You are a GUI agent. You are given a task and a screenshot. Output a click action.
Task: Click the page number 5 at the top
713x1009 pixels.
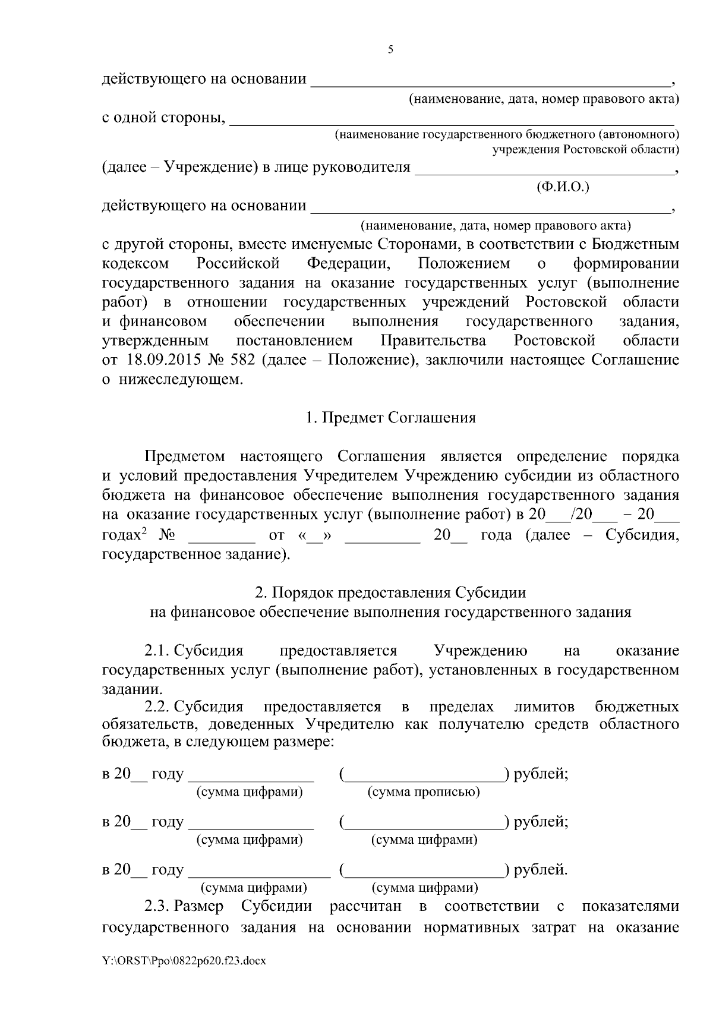pyautogui.click(x=390, y=49)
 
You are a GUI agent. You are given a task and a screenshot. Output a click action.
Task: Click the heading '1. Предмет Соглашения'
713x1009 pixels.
pyautogui.click(x=390, y=418)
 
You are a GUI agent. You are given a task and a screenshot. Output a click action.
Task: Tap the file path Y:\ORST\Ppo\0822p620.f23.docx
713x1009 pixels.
pyautogui.click(x=184, y=976)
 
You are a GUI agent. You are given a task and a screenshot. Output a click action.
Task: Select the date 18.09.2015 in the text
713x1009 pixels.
pyautogui.click(x=158, y=360)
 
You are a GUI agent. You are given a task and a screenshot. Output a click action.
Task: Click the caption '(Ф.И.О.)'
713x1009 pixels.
pyautogui.click(x=562, y=187)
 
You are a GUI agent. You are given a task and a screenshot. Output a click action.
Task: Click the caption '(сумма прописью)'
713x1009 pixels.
pyautogui.click(x=424, y=792)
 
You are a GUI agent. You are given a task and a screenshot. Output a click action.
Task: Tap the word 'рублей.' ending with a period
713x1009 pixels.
pyautogui.click(x=541, y=870)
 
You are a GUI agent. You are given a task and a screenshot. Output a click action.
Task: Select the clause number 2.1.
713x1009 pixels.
pyautogui.click(x=157, y=651)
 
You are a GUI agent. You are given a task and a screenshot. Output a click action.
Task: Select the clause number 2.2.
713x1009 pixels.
pyautogui.click(x=157, y=707)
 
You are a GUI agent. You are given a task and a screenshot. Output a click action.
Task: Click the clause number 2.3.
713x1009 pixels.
pyautogui.click(x=157, y=906)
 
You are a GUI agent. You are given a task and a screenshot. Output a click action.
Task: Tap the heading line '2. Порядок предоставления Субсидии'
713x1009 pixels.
pyautogui.click(x=390, y=592)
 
